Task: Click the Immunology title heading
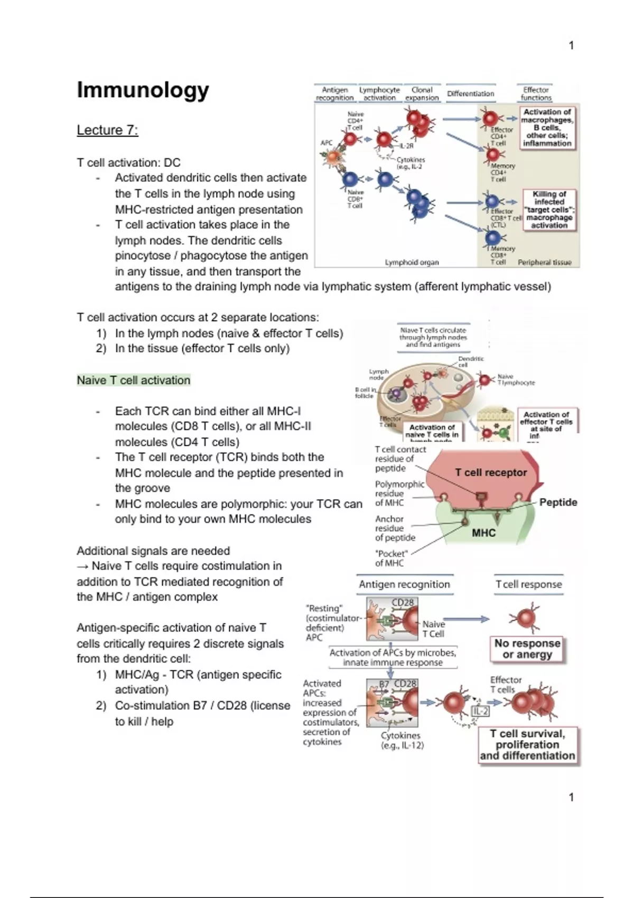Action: (x=143, y=90)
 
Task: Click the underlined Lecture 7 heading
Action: (x=107, y=130)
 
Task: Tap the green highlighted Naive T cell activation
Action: (x=133, y=380)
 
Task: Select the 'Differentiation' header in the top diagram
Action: (x=470, y=93)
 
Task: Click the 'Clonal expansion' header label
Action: (x=422, y=93)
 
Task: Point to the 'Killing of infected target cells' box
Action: (x=549, y=210)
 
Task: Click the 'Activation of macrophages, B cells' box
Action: (x=547, y=127)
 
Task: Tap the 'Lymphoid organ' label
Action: (x=412, y=262)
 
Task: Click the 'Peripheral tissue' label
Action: (x=544, y=262)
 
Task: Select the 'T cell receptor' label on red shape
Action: (x=491, y=472)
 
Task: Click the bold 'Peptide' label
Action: (x=558, y=502)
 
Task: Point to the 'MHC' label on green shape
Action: (x=483, y=532)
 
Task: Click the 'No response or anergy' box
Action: (x=527, y=649)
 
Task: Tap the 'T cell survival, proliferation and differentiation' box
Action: (x=527, y=745)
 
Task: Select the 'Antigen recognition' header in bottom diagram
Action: (x=404, y=584)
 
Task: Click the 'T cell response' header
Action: (x=528, y=584)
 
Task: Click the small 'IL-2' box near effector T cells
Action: (x=480, y=711)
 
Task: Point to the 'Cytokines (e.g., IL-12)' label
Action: (x=402, y=740)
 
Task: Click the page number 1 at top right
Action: (x=571, y=45)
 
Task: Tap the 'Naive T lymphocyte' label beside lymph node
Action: (x=516, y=379)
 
